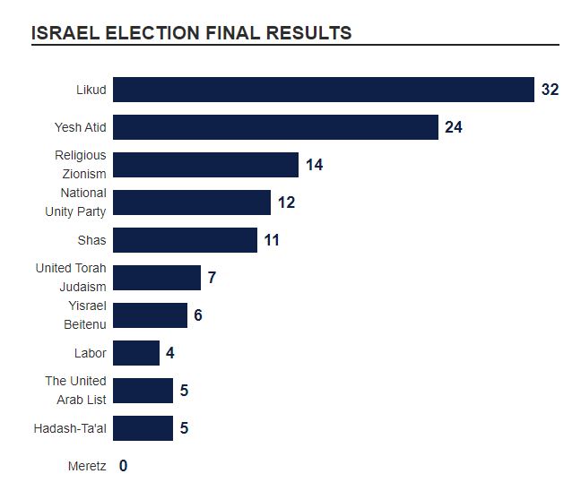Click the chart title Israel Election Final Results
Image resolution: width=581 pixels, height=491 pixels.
(x=191, y=33)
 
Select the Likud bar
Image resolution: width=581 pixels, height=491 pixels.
(x=323, y=90)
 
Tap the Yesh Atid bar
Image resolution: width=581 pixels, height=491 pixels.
(x=275, y=127)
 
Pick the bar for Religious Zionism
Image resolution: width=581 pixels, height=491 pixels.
(x=205, y=165)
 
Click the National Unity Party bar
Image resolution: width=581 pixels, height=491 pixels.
(x=192, y=202)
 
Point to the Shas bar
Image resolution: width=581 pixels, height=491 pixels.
(x=185, y=240)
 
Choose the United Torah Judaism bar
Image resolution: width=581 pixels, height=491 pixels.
(x=157, y=278)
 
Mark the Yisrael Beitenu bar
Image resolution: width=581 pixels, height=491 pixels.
(x=150, y=315)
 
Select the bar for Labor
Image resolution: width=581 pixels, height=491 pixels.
(x=136, y=353)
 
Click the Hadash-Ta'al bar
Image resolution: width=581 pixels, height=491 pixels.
(x=143, y=428)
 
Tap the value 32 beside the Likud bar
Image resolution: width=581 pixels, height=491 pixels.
(x=550, y=90)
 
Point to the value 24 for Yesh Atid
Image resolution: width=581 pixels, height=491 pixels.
(x=453, y=127)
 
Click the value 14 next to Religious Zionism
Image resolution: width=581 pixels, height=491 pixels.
(x=314, y=165)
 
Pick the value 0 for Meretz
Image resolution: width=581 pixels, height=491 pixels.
(x=123, y=466)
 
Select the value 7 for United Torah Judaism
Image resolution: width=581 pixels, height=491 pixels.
(x=212, y=278)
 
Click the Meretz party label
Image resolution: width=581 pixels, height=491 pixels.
(x=87, y=466)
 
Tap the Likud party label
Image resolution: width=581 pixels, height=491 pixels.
(x=91, y=90)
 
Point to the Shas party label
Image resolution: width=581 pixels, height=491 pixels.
(x=91, y=240)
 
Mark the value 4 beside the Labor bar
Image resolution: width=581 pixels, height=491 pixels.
(x=169, y=353)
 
